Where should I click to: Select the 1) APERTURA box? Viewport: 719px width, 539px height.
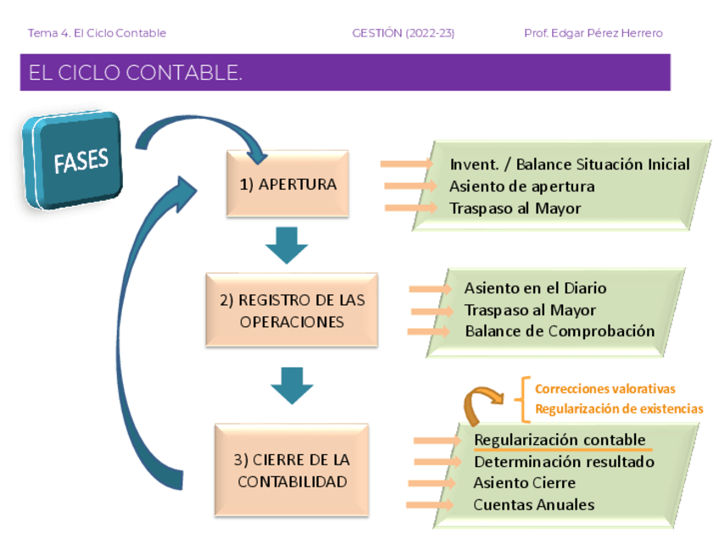(x=287, y=184)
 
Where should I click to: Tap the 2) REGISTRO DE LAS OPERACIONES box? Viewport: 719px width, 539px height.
(x=292, y=310)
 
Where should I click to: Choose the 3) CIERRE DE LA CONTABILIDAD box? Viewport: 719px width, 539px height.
(x=292, y=470)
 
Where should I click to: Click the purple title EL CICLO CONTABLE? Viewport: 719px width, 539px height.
(x=136, y=73)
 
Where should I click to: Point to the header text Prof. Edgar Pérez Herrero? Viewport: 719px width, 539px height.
(x=593, y=33)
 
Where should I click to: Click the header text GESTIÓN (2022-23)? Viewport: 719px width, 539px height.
(x=403, y=33)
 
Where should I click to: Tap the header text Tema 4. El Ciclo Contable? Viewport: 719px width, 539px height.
(x=97, y=33)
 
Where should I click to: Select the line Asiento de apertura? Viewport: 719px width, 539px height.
(x=521, y=186)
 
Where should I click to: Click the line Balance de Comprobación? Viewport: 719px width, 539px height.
(x=560, y=331)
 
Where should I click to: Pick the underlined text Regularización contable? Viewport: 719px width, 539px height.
(x=560, y=440)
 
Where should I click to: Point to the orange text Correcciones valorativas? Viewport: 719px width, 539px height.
(x=605, y=389)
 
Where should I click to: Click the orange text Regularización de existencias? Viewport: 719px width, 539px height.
(x=619, y=408)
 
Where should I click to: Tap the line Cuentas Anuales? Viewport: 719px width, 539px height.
(x=533, y=504)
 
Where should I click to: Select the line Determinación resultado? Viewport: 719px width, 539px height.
(x=564, y=462)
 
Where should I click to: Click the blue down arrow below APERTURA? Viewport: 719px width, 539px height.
(x=287, y=246)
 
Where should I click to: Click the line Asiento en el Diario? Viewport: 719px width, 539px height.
(x=535, y=288)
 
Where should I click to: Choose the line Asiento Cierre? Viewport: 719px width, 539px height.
(x=524, y=483)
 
